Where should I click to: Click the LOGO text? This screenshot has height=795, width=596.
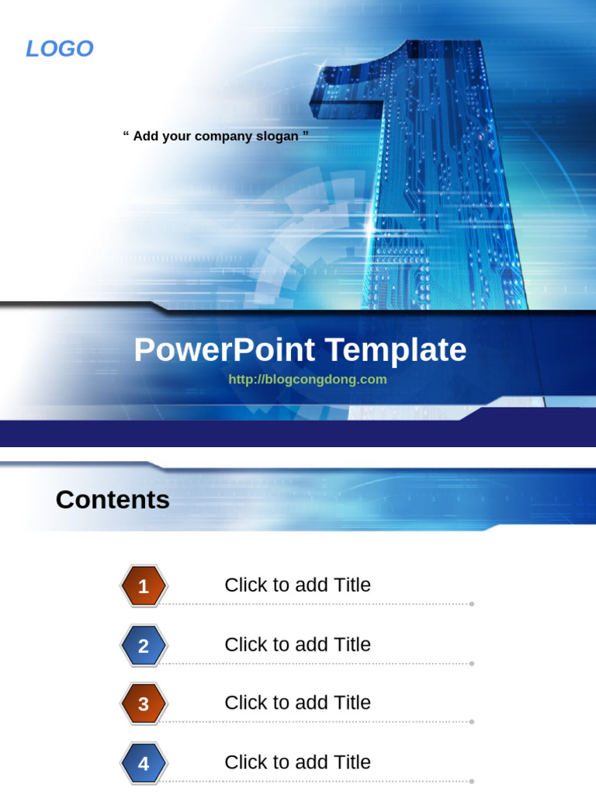pyautogui.click(x=60, y=49)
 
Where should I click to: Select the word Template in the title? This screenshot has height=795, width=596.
pyautogui.click(x=396, y=350)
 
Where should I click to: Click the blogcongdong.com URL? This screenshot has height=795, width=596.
pyautogui.click(x=307, y=380)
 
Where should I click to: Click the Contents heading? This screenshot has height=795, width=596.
pyautogui.click(x=113, y=500)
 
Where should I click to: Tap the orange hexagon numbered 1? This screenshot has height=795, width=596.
pyautogui.click(x=144, y=587)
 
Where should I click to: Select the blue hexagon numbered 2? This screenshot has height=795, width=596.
pyautogui.click(x=144, y=646)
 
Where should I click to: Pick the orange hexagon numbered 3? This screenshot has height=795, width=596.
pyautogui.click(x=144, y=704)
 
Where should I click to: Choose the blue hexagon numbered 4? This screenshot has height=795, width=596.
pyautogui.click(x=144, y=764)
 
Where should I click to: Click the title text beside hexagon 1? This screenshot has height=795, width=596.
pyautogui.click(x=297, y=585)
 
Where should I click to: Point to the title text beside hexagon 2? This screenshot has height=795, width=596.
pyautogui.click(x=297, y=644)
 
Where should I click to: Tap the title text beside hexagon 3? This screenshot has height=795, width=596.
pyautogui.click(x=297, y=703)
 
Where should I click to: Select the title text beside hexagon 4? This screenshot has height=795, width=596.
pyautogui.click(x=297, y=762)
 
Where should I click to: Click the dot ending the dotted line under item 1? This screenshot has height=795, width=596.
pyautogui.click(x=472, y=603)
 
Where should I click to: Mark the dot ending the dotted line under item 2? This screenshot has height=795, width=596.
pyautogui.click(x=472, y=663)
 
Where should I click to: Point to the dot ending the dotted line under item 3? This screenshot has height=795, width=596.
pyautogui.click(x=472, y=721)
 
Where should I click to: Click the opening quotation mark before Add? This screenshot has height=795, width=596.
pyautogui.click(x=126, y=135)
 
